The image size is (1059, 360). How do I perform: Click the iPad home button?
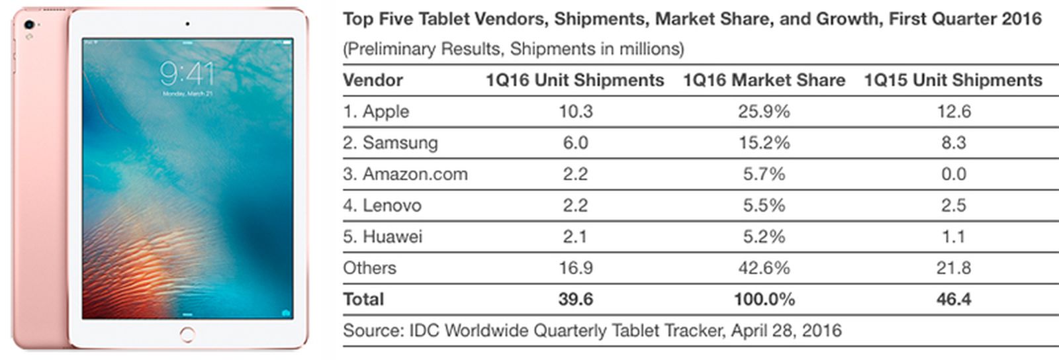point(187,334)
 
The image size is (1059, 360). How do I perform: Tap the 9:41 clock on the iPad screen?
point(187,73)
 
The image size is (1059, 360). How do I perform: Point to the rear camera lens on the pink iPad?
point(28,25)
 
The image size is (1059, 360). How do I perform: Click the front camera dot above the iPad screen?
point(187,24)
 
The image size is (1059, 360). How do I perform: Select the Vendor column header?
point(373,80)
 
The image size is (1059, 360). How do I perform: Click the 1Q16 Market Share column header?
point(764,80)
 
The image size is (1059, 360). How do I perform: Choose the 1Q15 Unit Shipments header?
point(953,80)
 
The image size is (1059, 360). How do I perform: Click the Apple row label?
point(376,111)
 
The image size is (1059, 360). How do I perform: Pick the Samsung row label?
point(391,142)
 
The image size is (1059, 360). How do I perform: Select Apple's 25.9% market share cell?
point(764,111)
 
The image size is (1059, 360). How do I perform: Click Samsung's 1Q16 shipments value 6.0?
point(575,142)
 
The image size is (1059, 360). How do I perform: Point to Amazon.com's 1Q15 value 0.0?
point(954,174)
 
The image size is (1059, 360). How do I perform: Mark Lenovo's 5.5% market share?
point(764,205)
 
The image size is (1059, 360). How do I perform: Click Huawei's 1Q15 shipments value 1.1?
point(954,236)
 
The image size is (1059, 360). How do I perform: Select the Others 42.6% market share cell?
point(764,268)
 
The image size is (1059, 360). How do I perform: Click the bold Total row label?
point(363,299)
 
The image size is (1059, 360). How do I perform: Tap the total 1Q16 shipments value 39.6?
point(575,299)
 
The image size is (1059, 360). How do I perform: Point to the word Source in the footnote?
point(371,330)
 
